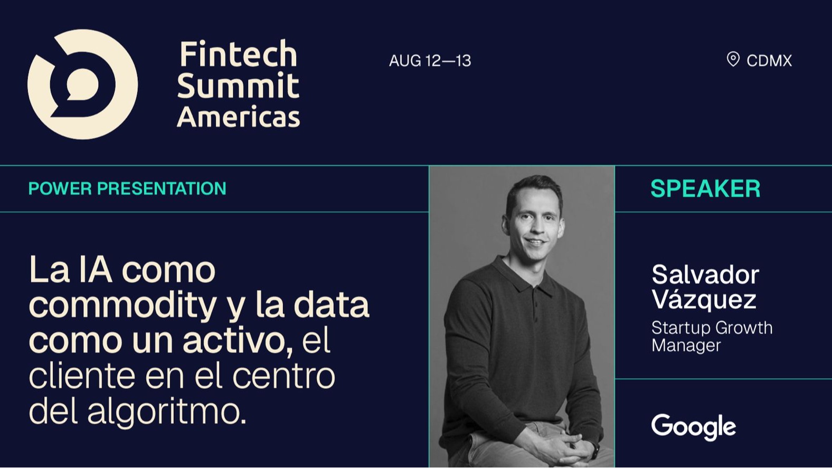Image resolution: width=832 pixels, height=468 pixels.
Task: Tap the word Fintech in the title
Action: [239, 54]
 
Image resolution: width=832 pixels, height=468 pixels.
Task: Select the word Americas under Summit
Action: [239, 117]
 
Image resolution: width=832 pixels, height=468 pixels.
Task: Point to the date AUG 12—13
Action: [430, 61]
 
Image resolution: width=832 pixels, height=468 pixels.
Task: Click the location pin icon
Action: [733, 60]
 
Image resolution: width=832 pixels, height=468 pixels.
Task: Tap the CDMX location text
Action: [769, 61]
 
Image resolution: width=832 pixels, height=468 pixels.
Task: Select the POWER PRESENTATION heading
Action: [127, 188]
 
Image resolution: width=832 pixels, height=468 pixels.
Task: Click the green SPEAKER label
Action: [705, 188]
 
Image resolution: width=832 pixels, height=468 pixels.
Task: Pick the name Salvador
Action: [705, 275]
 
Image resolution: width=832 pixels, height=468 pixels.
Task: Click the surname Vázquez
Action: [704, 299]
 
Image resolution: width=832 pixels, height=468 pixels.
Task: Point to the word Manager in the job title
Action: [686, 346]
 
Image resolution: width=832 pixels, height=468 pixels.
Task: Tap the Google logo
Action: [694, 427]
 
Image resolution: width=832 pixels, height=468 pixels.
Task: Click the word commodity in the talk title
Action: [122, 305]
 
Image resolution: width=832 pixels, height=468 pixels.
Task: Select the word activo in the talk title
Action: [238, 341]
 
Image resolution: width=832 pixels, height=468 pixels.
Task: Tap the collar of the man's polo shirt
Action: [527, 276]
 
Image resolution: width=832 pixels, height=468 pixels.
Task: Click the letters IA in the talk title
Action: [96, 270]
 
